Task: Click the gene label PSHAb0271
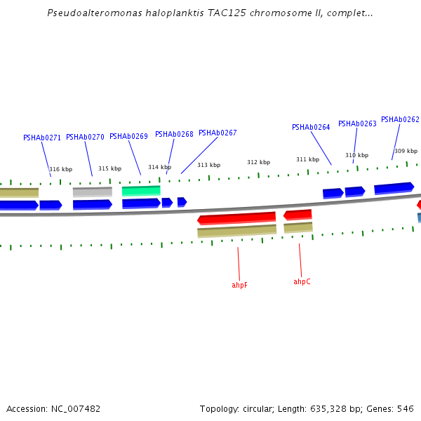tap(42, 138)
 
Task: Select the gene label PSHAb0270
tap(85, 137)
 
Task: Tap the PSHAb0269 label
tap(128, 136)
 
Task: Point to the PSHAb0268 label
tap(174, 134)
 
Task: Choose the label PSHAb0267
tap(218, 133)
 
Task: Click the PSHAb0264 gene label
tap(311, 127)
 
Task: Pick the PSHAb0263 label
tap(357, 123)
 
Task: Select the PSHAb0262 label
tap(400, 119)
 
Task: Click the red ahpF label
tap(239, 285)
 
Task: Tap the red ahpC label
tap(302, 281)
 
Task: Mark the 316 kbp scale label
tap(60, 169)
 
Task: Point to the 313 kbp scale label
tap(208, 165)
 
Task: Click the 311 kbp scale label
tap(307, 159)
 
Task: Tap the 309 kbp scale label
tap(406, 151)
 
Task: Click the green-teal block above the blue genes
tap(141, 190)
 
